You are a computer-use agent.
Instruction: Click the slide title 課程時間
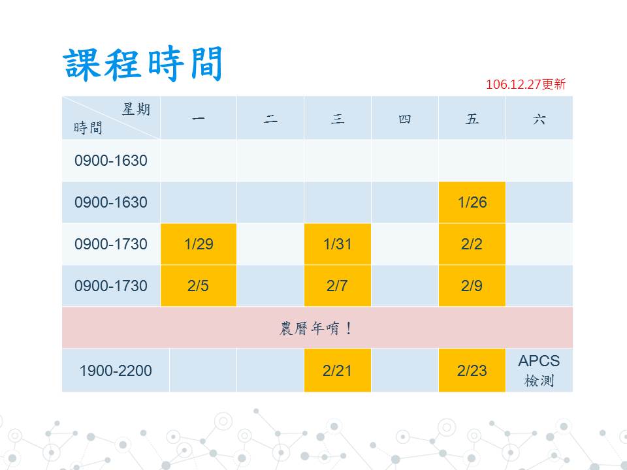(142, 64)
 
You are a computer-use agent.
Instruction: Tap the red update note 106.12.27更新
(526, 84)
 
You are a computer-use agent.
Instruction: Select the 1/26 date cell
(472, 202)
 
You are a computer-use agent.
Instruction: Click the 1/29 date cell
(199, 244)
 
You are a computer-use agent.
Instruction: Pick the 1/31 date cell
(338, 244)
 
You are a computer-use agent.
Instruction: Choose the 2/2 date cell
(472, 244)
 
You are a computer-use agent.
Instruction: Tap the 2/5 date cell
(199, 286)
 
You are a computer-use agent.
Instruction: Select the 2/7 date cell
(338, 286)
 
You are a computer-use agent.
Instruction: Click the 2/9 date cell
(472, 286)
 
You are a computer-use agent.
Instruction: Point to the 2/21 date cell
(338, 370)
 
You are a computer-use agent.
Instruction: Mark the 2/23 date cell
(472, 370)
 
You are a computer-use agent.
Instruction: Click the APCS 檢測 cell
(539, 370)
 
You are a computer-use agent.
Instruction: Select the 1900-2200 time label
(116, 371)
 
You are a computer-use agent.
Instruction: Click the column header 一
(199, 118)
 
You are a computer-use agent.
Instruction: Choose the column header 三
(338, 119)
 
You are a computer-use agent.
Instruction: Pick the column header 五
(472, 119)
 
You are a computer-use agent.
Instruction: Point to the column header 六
(539, 119)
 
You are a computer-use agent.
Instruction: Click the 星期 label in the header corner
(137, 109)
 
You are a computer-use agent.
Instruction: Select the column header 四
(405, 119)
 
